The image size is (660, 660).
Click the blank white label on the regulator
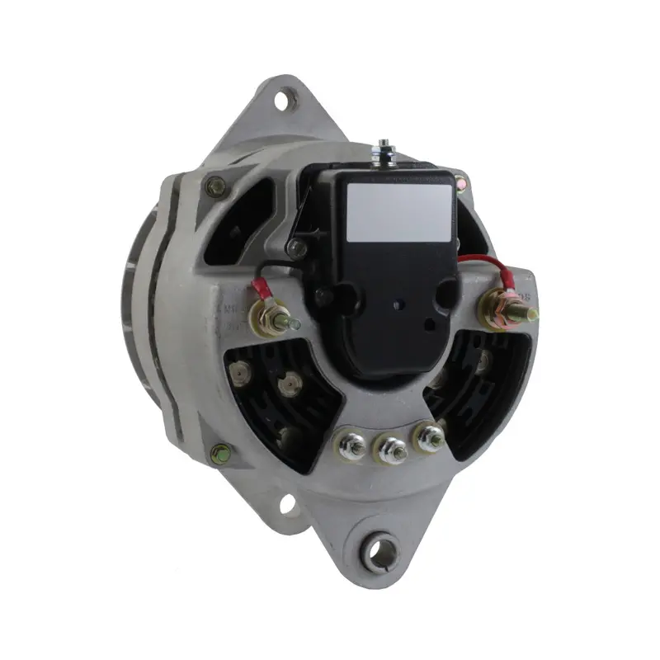pos(399,212)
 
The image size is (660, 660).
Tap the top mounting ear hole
pos(282,101)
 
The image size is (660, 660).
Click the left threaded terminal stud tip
pos(295,323)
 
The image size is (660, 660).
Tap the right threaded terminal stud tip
pos(532,314)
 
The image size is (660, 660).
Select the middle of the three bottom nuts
pos(391,450)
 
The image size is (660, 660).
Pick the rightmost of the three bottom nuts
pos(430,437)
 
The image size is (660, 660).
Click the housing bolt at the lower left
pos(220,453)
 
